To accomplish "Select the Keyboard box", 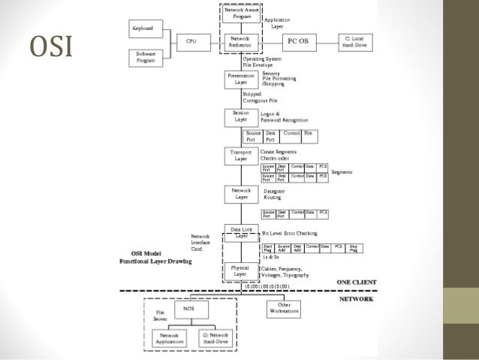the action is click(x=143, y=28).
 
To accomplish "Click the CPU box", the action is click(x=192, y=41).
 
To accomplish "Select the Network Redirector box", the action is click(x=241, y=41).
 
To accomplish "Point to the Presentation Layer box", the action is click(x=241, y=80).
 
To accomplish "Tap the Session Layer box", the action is click(x=241, y=116).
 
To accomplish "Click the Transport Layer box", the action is click(x=241, y=156).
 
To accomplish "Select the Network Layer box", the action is click(x=241, y=195).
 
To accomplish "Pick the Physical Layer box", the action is click(x=241, y=270).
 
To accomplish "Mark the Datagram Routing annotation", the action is click(x=275, y=195).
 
